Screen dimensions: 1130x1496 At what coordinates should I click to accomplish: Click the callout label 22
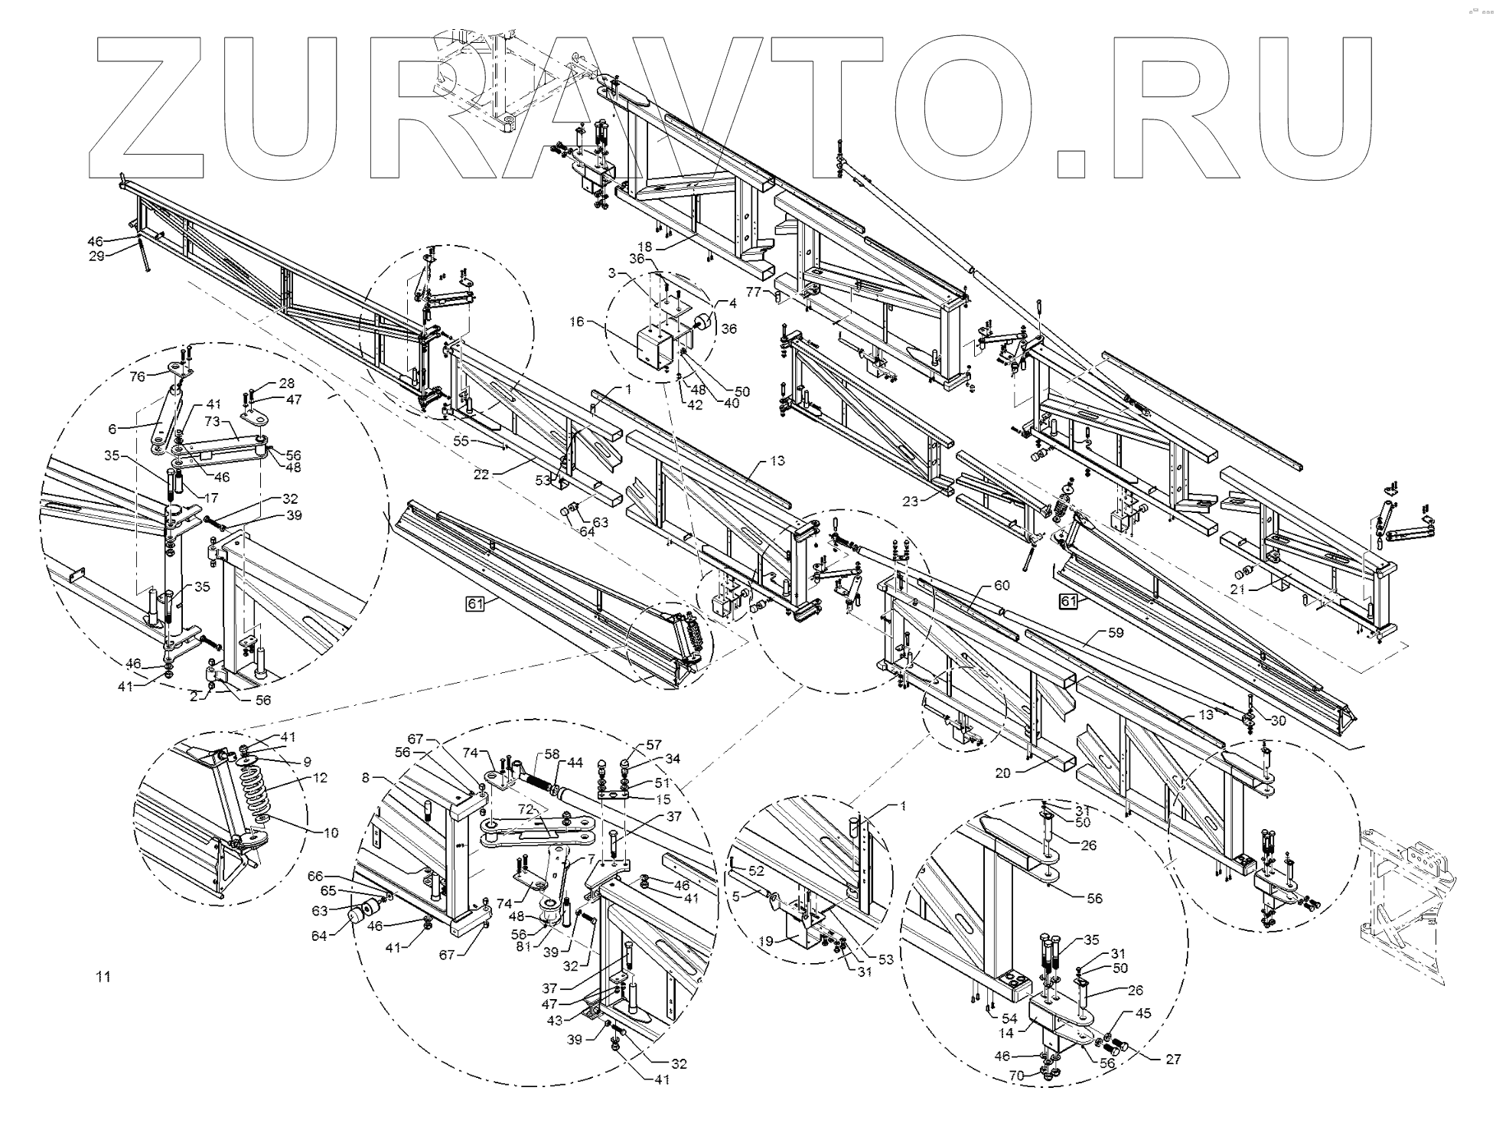[481, 475]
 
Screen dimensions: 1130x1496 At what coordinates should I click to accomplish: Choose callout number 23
[911, 502]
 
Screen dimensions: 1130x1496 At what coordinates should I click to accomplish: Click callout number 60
[1001, 586]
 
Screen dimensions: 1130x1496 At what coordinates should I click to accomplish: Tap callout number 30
[1278, 720]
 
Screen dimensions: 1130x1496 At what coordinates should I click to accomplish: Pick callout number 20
[1003, 772]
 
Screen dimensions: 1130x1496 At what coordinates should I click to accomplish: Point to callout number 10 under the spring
[331, 832]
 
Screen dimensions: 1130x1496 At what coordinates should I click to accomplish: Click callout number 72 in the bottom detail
[525, 809]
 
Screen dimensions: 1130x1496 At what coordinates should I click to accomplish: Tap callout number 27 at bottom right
[1173, 1059]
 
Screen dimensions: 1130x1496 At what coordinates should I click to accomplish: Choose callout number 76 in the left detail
[137, 376]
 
